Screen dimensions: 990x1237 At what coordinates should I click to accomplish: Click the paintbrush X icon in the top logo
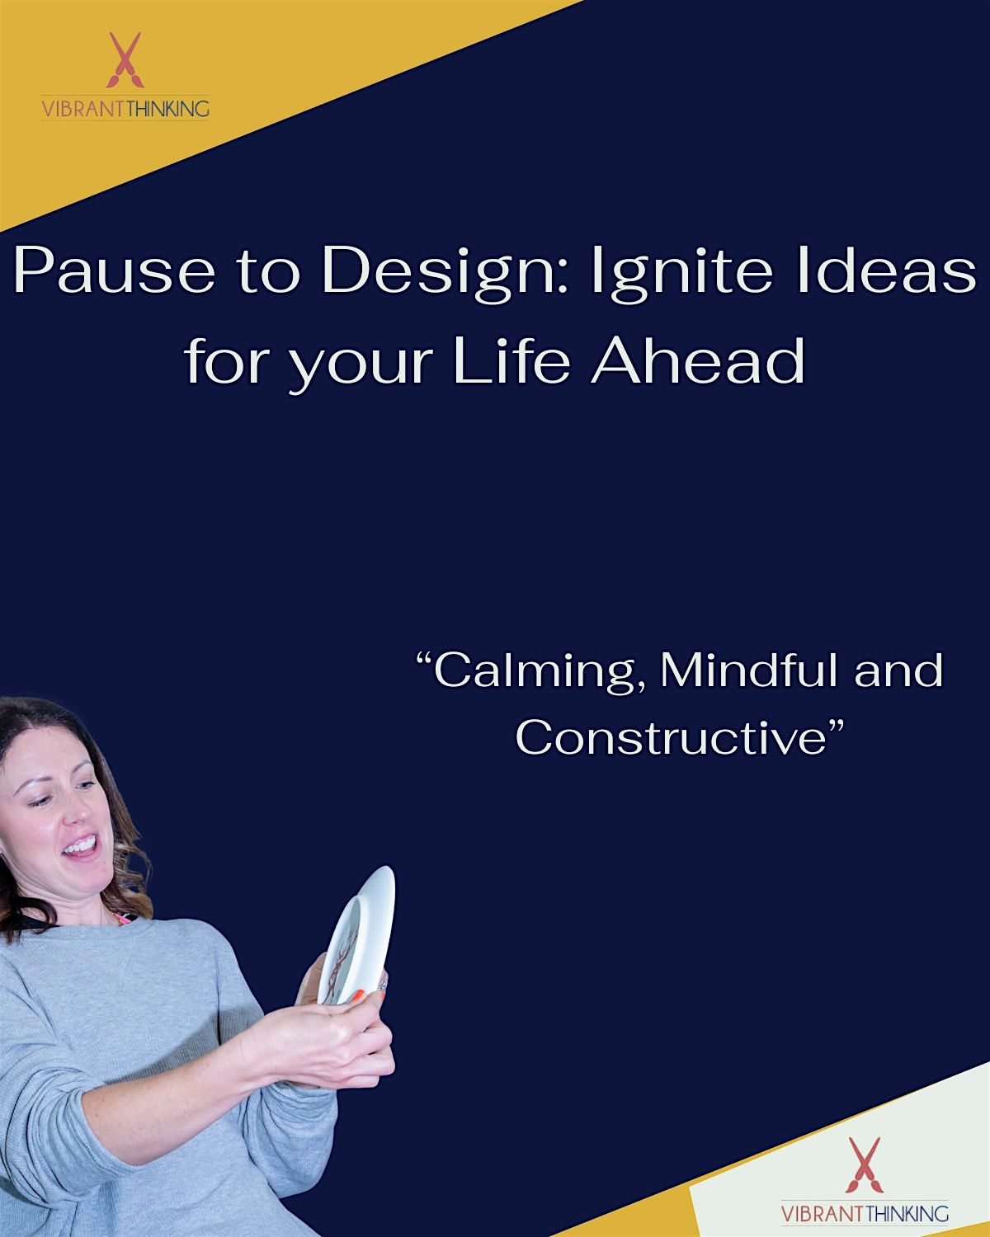click(125, 59)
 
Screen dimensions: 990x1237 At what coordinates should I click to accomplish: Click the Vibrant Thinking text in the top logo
click(125, 108)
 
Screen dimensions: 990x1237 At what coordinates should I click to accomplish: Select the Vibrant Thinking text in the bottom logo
click(865, 1213)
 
